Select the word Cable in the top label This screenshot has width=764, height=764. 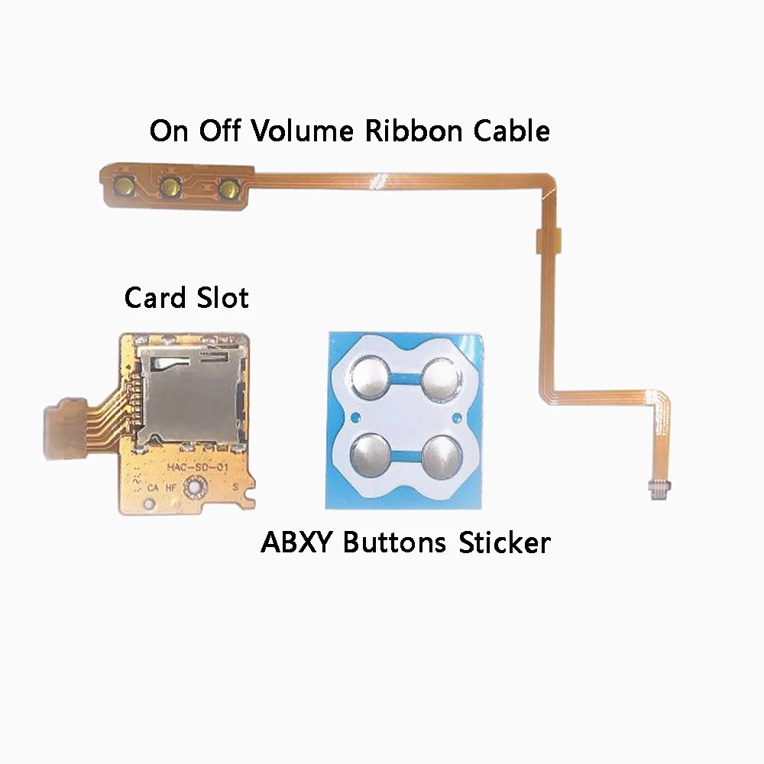point(511,131)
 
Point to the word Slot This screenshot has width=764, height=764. point(222,296)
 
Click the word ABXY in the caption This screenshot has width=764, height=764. point(298,543)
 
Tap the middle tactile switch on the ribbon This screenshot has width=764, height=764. point(170,185)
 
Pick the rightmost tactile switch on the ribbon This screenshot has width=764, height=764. point(227,187)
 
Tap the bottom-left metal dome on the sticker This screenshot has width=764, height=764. point(370,453)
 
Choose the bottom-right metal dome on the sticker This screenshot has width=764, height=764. point(441,453)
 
